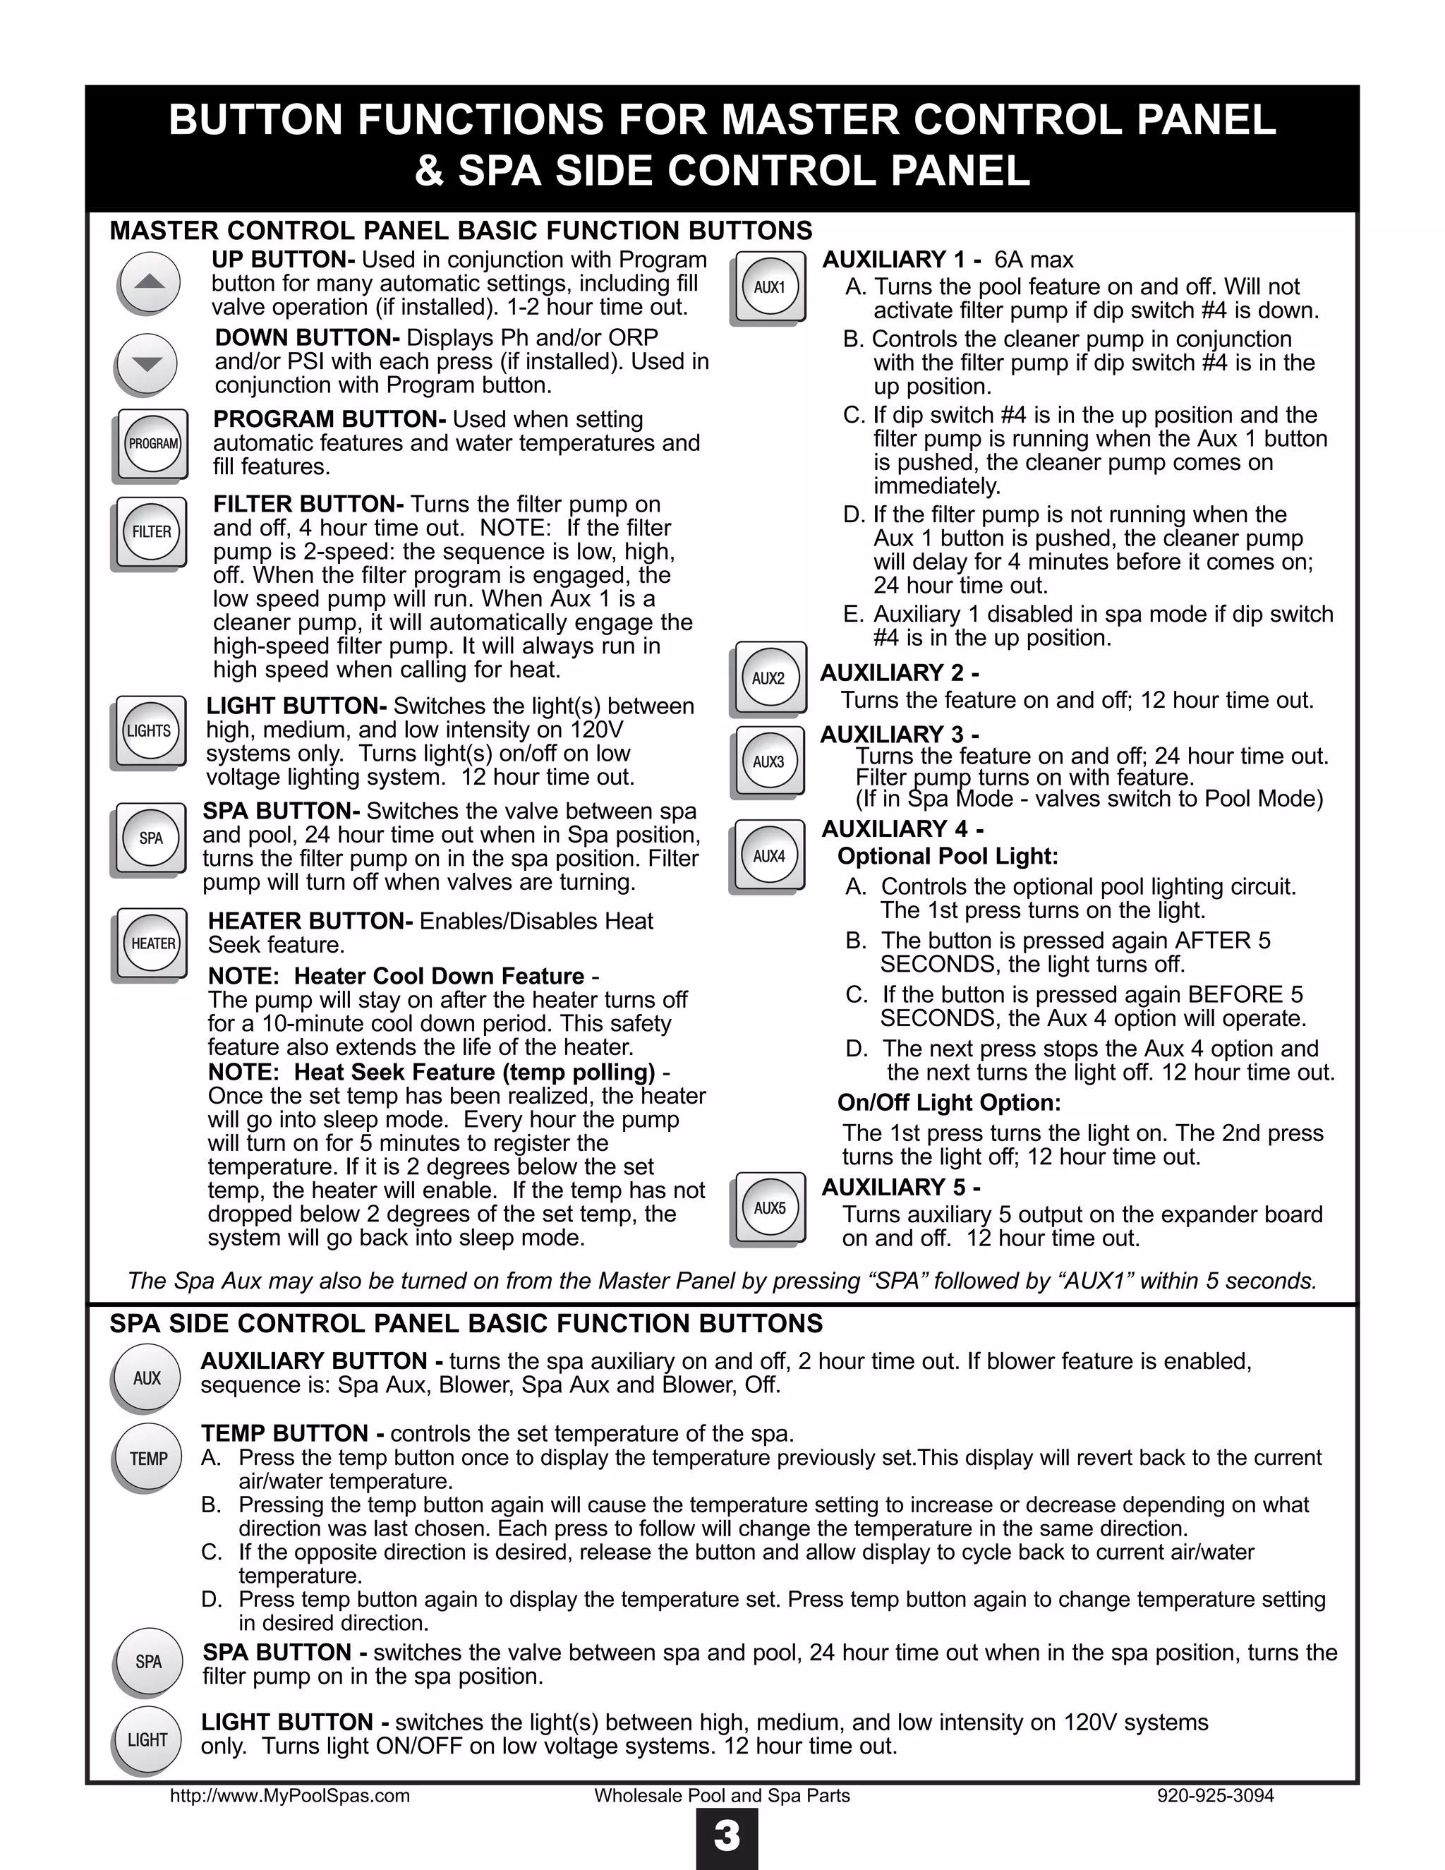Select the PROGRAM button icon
(x=152, y=444)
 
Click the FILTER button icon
(x=151, y=532)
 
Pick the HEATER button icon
(x=152, y=943)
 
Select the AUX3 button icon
(x=769, y=761)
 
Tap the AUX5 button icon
(x=769, y=1207)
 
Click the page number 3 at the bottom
(x=726, y=1837)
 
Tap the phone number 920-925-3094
(x=1215, y=1795)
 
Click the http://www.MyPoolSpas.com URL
(x=289, y=1795)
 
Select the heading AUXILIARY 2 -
(x=899, y=673)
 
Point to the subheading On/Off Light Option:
(x=948, y=1103)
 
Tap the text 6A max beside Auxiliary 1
(x=1033, y=260)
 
